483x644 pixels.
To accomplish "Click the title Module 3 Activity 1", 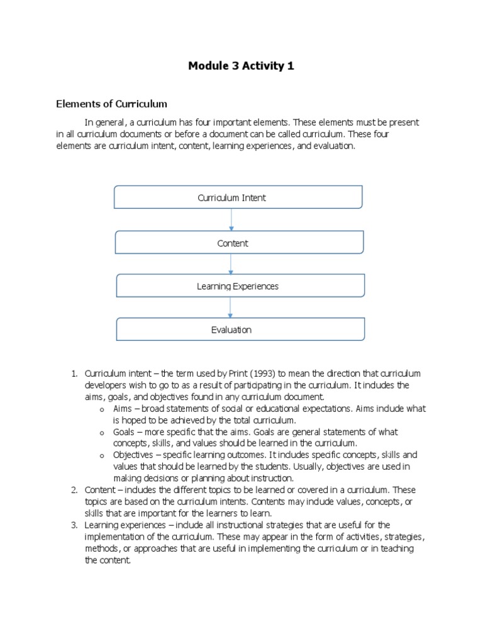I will (241, 66).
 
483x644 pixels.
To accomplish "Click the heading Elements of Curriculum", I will (112, 104).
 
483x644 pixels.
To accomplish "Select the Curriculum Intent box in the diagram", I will (238, 197).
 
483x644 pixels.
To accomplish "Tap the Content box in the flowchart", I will (238, 243).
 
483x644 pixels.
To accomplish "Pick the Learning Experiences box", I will (240, 286).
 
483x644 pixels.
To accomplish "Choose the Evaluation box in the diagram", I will (240, 330).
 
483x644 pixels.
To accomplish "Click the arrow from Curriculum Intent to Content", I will (231, 219).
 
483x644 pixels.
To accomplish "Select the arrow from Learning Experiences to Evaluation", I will (231, 308).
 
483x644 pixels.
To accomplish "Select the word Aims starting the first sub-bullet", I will (123, 409).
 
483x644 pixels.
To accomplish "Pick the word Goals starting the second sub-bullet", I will (125, 432).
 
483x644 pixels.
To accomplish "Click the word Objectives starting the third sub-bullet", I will (133, 455).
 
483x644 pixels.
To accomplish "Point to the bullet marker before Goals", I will (102, 433).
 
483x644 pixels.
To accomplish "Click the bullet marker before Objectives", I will (102, 456).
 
